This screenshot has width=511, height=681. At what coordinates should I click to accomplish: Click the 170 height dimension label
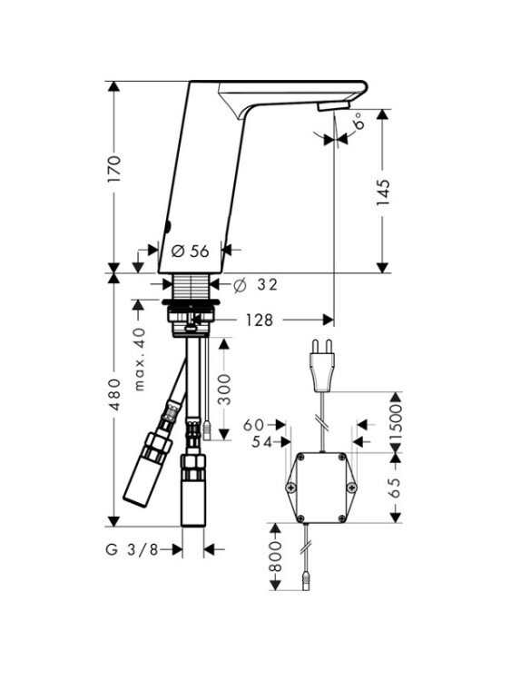point(113,169)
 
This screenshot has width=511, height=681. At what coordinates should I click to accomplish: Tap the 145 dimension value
point(382,192)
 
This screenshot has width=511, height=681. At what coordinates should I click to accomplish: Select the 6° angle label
point(359,121)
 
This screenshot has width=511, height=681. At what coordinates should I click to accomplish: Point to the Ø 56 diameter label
point(191,251)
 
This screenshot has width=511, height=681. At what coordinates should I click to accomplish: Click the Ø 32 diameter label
point(255,285)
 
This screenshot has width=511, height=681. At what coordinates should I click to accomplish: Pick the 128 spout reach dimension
point(260,321)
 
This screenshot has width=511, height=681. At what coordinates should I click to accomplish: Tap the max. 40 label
point(139,360)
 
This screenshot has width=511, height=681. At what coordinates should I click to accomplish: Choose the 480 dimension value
point(114,394)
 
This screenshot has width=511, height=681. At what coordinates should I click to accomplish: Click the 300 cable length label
point(224,390)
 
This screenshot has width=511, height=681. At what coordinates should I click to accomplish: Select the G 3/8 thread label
point(132,549)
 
